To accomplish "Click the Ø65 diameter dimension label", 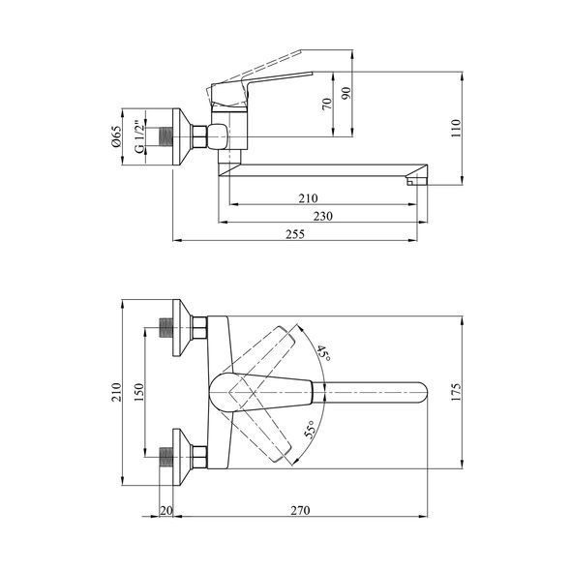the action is coord(116,136).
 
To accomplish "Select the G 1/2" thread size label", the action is coord(138,136).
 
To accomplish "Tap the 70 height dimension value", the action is coord(327,104).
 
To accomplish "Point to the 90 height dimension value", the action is coord(346,93).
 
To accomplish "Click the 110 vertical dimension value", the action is coord(456,128).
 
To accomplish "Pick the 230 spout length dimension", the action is coord(323,217).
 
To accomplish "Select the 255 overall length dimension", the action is coord(295,234).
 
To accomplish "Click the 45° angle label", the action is coord(324,353).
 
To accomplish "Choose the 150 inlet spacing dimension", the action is coord(139,392).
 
